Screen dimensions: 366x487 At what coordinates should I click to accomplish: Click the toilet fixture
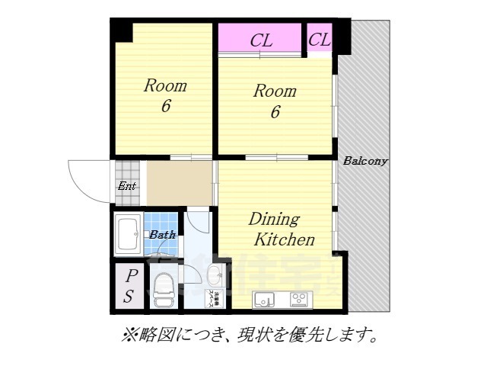point(164,290)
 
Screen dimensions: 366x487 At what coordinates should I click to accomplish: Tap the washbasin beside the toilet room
point(214,275)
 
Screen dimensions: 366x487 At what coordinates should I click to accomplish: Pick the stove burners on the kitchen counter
point(300,298)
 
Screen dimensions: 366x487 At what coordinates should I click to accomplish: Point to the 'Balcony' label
point(365,161)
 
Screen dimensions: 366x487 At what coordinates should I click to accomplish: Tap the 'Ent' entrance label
point(126,186)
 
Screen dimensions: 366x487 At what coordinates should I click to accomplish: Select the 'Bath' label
point(161,235)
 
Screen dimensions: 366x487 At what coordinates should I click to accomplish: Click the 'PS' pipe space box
point(129,287)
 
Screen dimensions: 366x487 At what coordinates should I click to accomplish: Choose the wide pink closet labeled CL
point(261,40)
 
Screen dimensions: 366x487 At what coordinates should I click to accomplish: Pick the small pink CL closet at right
point(320,39)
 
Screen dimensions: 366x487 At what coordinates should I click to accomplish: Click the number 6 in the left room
point(165,106)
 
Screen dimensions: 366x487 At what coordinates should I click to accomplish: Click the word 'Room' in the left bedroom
point(165,85)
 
